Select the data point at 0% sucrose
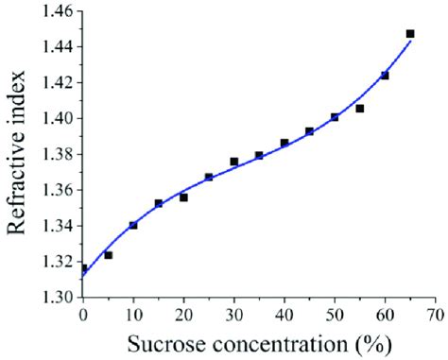[x=84, y=269]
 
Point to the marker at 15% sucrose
[x=159, y=203]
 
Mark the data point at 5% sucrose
[x=109, y=255]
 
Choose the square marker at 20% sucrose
[x=183, y=197]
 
